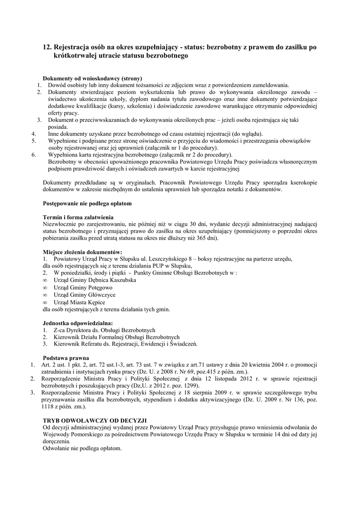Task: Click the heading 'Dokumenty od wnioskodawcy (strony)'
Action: (92, 79)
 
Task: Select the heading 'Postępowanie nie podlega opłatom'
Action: (88, 204)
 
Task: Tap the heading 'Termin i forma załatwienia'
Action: (78, 218)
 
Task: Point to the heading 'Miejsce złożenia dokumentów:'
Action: (83, 252)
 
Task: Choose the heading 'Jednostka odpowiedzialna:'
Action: (78, 323)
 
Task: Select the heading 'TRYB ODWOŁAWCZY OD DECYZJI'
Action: (94, 421)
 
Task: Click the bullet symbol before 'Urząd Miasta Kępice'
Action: (45, 302)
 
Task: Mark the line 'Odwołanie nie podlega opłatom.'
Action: (82, 448)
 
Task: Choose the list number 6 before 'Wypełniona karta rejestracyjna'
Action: (33, 155)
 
